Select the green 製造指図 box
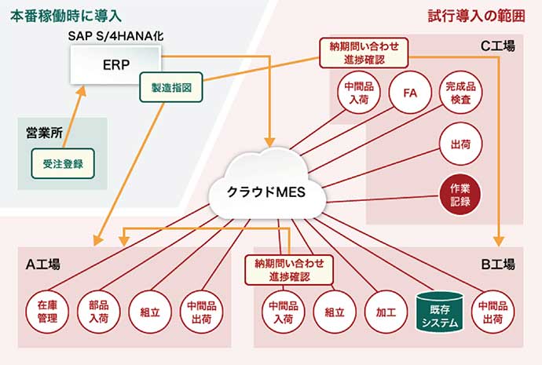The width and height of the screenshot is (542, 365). coord(171,86)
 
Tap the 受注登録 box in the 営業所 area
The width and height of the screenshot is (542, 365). coord(63,164)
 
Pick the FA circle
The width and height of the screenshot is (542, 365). coord(409,93)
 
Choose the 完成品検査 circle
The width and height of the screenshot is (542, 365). coord(461,93)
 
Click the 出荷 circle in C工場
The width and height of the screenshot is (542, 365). coord(461,145)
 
